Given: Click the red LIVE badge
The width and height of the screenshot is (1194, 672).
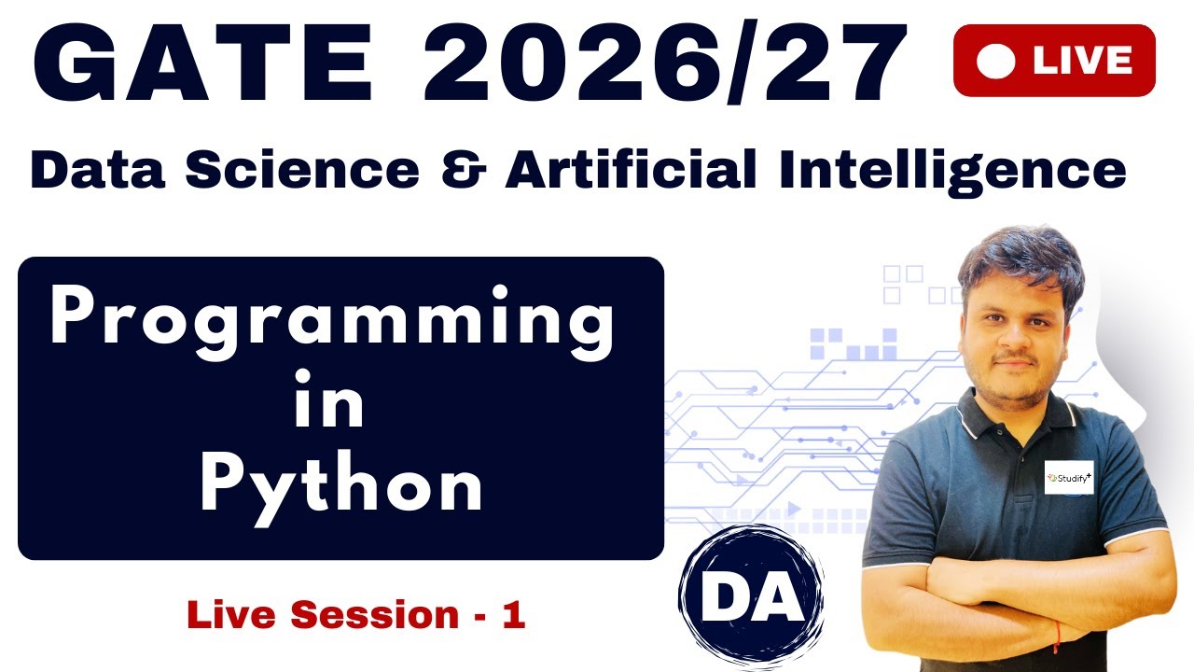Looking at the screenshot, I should pyautogui.click(x=1054, y=61).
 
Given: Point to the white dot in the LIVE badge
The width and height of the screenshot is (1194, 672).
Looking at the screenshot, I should pyautogui.click(x=995, y=62).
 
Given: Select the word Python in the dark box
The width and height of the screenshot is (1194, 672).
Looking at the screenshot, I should pyautogui.click(x=341, y=485).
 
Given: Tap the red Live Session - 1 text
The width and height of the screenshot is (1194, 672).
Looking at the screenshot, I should pyautogui.click(x=356, y=615).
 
